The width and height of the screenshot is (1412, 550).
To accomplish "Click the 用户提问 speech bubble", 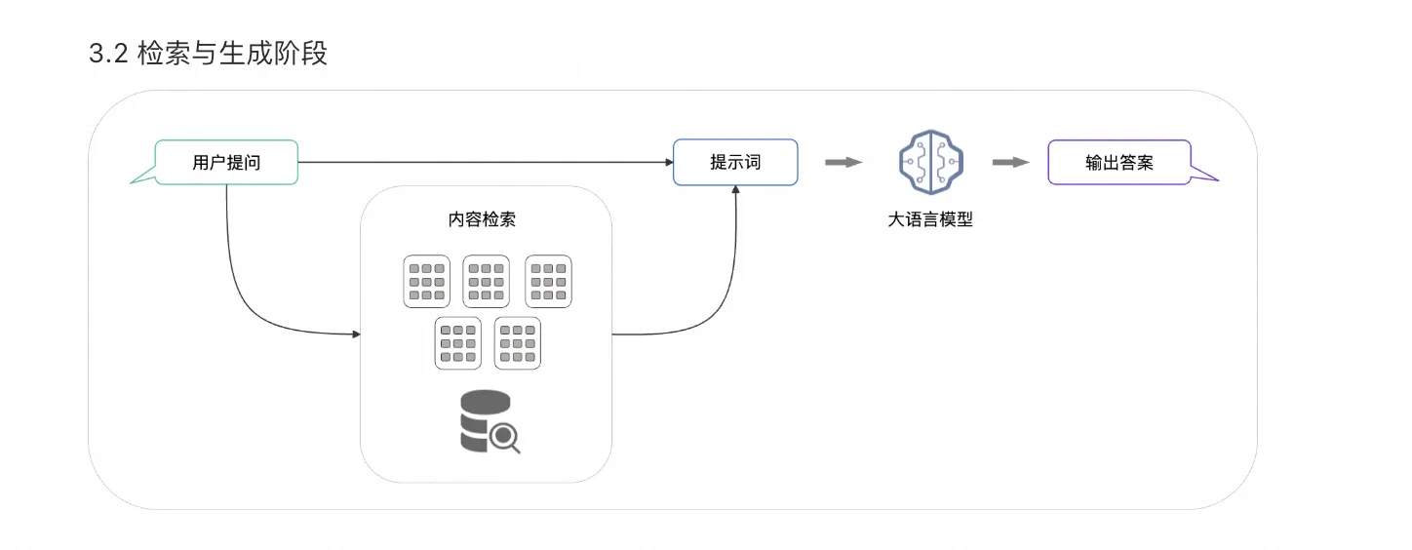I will tap(226, 163).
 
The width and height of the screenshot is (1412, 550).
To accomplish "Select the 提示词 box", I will tap(735, 162).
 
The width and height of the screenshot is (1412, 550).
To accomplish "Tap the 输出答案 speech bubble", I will tap(1118, 163).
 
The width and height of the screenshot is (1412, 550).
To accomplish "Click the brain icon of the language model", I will tap(928, 162).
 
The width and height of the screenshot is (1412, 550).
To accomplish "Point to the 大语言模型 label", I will tap(929, 219).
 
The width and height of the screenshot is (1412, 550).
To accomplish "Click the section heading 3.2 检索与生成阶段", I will tap(208, 54).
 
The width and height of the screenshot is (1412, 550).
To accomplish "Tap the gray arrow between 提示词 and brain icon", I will tap(843, 162).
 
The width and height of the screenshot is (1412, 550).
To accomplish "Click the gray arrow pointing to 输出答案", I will tap(1011, 162).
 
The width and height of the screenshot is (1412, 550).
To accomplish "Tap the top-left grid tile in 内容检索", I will tap(427, 282).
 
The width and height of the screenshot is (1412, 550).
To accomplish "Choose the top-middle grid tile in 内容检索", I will tap(487, 282).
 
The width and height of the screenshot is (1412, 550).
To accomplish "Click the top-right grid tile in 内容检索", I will tap(548, 282).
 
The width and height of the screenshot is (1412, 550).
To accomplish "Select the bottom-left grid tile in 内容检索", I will tap(458, 343).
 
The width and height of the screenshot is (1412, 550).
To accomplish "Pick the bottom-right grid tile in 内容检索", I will tap(518, 343).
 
